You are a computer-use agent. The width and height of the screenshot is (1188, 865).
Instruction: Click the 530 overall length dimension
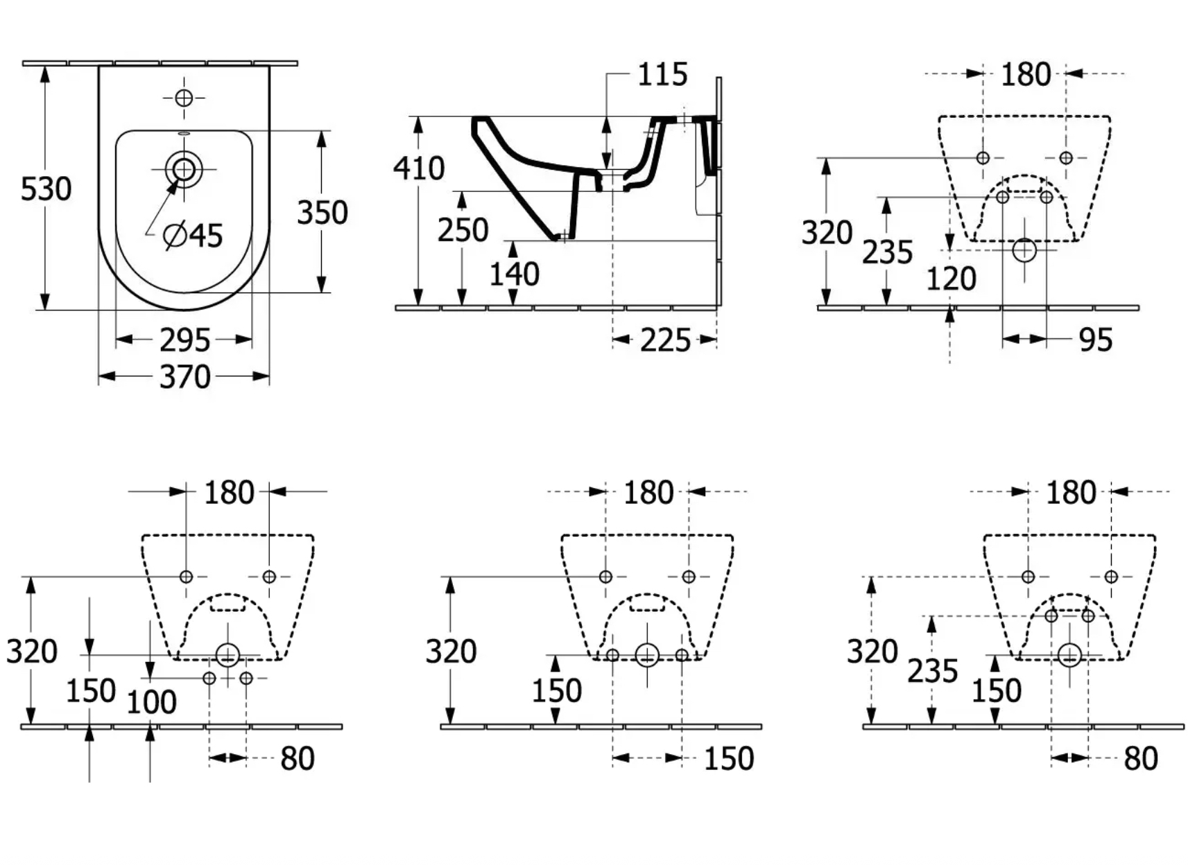46,189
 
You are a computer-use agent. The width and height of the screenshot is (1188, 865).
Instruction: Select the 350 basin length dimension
322,212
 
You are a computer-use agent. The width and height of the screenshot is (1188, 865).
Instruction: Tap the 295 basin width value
184,340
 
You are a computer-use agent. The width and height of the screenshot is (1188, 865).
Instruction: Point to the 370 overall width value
184,376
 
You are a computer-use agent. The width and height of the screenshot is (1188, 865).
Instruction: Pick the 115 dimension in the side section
662,74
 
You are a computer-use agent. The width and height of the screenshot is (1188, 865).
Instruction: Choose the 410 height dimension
419,168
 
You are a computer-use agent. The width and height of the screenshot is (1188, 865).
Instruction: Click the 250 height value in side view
463,230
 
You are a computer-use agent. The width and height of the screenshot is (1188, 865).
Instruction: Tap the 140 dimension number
514,274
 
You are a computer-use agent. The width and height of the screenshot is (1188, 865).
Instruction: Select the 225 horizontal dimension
665,340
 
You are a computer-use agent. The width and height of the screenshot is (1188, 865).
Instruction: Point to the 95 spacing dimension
1096,340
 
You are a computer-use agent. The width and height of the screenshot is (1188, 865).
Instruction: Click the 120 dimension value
952,279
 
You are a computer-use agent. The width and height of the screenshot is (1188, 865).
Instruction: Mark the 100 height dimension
151,702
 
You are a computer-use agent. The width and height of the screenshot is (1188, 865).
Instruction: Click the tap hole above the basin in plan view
184,98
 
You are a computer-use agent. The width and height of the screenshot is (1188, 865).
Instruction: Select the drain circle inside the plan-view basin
184,168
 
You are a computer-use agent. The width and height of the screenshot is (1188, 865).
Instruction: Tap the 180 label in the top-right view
1026,74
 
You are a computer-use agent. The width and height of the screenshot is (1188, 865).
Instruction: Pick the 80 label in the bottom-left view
298,758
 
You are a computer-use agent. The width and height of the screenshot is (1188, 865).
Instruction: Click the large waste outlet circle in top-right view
1024,250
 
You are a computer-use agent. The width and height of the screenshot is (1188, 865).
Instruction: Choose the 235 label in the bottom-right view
933,670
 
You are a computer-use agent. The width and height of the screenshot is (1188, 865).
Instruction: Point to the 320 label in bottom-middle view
451,652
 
